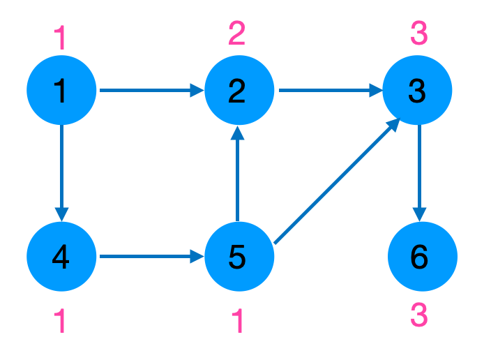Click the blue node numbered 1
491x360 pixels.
[x=62, y=90]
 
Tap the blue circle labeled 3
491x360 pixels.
[x=417, y=90]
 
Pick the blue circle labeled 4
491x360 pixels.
[x=62, y=257]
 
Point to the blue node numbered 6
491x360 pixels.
[x=421, y=257]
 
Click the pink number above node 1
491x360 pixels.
[x=61, y=37]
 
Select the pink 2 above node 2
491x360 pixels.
[x=237, y=33]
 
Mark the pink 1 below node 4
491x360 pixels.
[x=61, y=322]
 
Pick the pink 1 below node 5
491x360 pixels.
[x=239, y=322]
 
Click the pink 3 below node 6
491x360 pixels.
[x=418, y=316]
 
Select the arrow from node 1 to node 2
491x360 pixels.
[x=151, y=90]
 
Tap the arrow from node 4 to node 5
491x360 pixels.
[x=151, y=257]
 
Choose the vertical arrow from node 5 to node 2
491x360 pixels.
[x=238, y=174]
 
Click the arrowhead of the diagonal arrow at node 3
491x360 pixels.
[x=393, y=124]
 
